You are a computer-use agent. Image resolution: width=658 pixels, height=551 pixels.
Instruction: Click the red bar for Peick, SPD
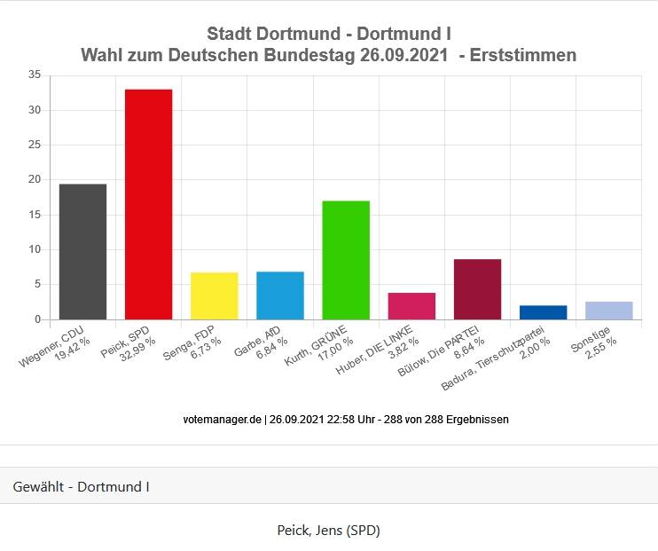pos(148,204)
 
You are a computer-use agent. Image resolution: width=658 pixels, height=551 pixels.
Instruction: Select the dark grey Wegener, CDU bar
pos(82,251)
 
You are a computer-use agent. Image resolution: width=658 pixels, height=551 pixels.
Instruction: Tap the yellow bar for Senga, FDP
pos(214,295)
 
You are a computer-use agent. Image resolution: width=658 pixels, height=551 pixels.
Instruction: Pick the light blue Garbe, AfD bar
pos(279,295)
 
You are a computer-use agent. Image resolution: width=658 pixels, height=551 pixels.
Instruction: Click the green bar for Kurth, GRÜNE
pos(345,260)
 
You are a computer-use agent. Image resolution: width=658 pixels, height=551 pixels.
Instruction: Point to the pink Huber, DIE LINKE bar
pos(411,306)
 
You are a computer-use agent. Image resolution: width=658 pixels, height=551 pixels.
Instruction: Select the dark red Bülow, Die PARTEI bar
pos(477,289)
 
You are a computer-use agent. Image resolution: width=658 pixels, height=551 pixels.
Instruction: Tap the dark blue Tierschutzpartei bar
pos(543,312)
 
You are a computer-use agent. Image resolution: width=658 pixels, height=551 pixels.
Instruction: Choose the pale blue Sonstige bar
pos(608,311)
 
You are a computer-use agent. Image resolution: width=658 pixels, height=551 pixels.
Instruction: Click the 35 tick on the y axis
pos(35,75)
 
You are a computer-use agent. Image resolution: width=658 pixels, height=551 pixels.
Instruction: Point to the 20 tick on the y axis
pos(35,179)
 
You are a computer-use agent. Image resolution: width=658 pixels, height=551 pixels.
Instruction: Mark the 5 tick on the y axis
pos(37,285)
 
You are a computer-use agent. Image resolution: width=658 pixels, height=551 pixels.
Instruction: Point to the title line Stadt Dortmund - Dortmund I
pos(328,34)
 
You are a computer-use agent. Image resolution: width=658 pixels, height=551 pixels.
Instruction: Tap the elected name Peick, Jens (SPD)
pos(328,531)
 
